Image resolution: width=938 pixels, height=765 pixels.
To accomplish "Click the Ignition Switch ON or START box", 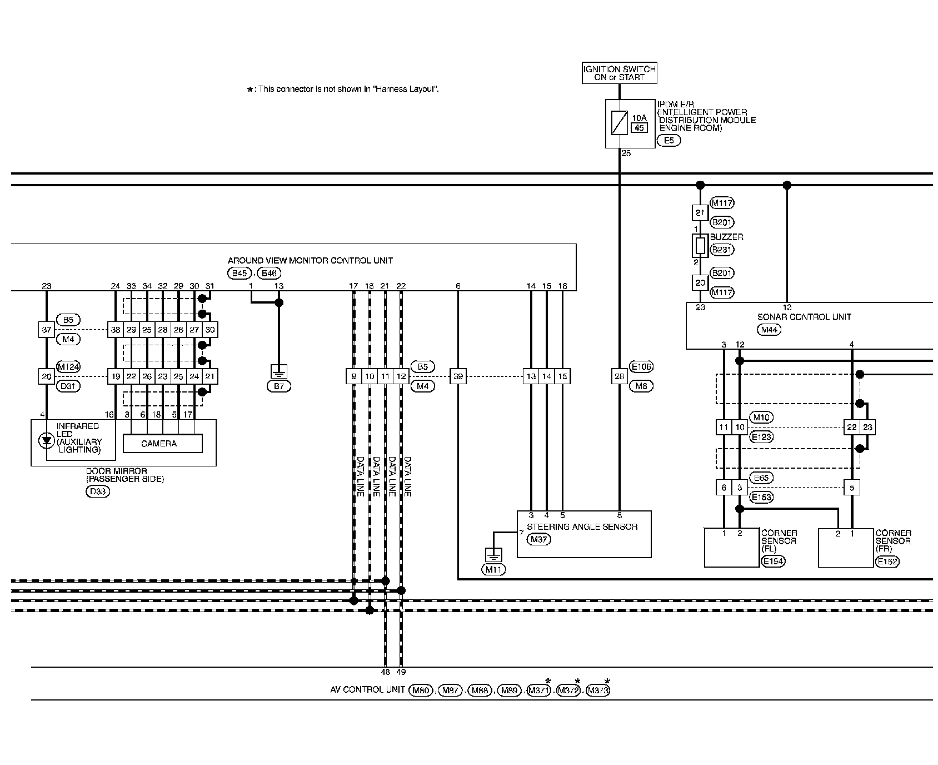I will (x=619, y=73).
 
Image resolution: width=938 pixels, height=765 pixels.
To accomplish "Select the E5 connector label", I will (x=668, y=141).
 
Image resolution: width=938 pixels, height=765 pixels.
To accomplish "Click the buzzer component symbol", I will (x=700, y=245).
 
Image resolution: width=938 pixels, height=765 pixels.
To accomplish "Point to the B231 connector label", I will (x=722, y=250).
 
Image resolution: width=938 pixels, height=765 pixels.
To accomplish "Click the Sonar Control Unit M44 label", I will (x=770, y=330).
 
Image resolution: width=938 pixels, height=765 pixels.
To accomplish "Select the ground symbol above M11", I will (x=493, y=554).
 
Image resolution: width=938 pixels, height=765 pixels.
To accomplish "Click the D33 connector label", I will (x=98, y=491).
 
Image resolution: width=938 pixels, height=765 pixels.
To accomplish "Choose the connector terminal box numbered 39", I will (x=458, y=376).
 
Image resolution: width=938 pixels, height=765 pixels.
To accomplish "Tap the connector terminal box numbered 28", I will (x=619, y=376).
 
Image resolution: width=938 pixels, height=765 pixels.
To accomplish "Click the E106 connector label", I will (x=641, y=366).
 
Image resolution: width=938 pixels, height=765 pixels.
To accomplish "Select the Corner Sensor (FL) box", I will (x=731, y=548).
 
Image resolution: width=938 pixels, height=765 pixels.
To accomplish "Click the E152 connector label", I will (x=886, y=562).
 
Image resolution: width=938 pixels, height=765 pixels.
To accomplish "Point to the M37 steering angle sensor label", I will (x=538, y=539).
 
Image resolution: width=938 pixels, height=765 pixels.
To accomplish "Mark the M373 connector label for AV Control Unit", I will (x=598, y=691).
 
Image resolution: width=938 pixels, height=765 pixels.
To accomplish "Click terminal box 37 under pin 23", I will (x=46, y=330).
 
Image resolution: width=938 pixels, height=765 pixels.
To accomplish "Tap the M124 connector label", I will (x=68, y=366).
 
